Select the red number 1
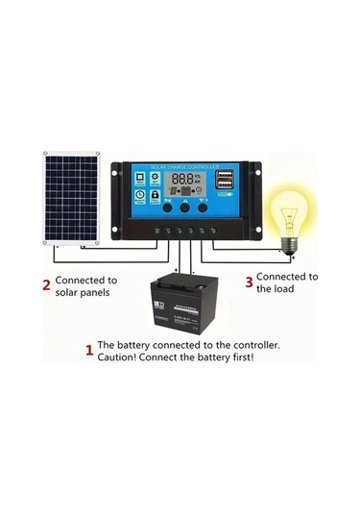[90, 350]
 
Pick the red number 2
[44, 284]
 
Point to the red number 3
[248, 281]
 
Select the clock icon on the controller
[140, 196]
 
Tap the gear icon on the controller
[140, 178]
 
